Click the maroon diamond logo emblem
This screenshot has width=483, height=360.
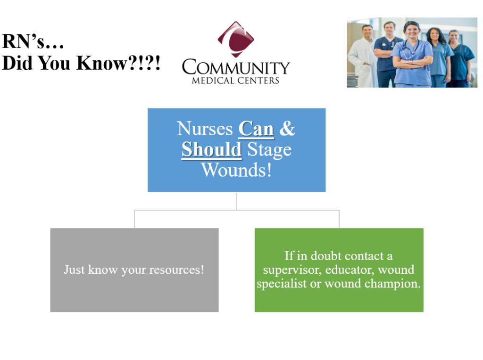coord(236,40)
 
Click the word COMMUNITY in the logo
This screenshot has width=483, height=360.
coord(236,67)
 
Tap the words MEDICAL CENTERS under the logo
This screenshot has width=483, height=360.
coord(236,81)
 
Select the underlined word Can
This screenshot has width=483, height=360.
coord(256,129)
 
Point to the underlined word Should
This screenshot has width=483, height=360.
coord(212,149)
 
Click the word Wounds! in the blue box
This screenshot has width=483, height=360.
coord(236,170)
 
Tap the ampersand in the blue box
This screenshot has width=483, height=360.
coord(287,128)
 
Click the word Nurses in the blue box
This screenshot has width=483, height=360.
coord(205,129)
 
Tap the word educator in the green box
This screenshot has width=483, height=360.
coord(350,270)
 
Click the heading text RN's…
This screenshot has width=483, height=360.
coord(33,41)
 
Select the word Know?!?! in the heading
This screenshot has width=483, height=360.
coord(118,63)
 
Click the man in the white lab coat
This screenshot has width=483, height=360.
coord(363,57)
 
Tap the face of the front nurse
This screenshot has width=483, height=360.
coord(412,31)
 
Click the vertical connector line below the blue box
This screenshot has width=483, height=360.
coord(237,201)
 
